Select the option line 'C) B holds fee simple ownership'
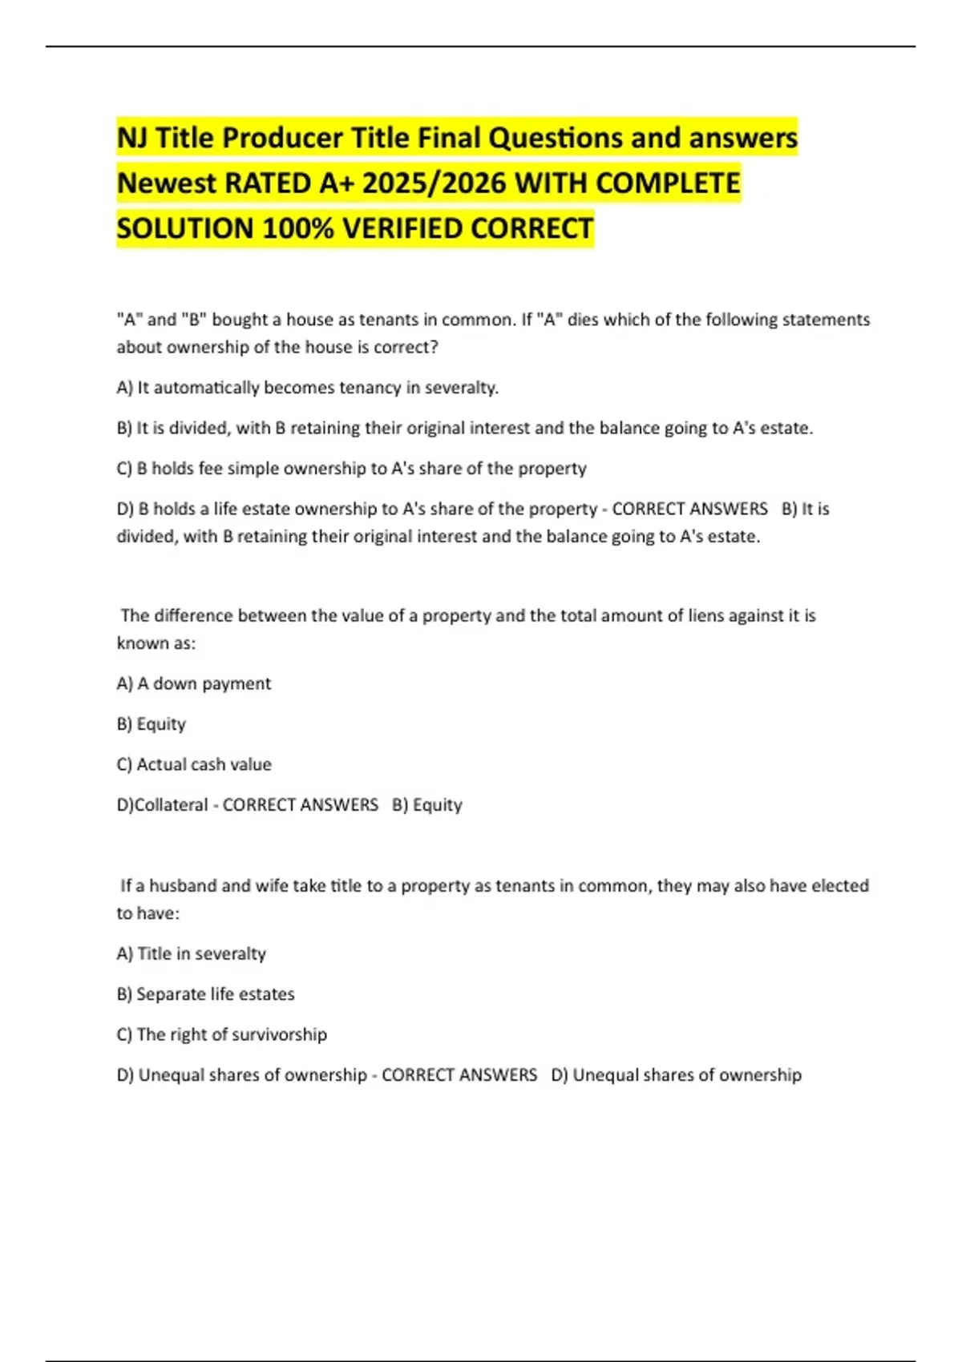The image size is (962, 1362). click(351, 469)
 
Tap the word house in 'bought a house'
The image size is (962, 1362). click(308, 320)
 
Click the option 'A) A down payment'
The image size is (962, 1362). click(193, 683)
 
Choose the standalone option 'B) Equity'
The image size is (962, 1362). click(151, 724)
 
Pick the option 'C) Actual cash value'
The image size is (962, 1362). click(193, 764)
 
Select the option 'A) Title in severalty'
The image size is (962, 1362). click(191, 953)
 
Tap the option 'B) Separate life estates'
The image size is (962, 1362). click(205, 994)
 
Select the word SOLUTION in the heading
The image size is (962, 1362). click(185, 229)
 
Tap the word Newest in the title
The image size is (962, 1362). click(167, 183)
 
